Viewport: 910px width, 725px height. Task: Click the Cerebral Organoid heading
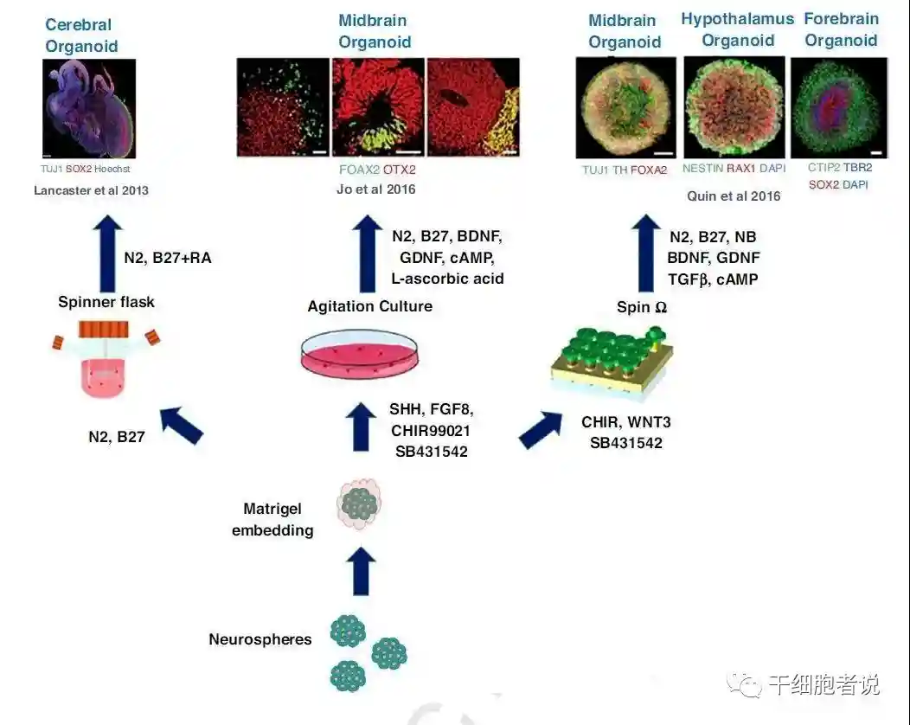pyautogui.click(x=80, y=35)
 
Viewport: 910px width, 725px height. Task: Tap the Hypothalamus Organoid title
pyautogui.click(x=737, y=29)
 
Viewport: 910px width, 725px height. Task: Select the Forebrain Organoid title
pyautogui.click(x=841, y=29)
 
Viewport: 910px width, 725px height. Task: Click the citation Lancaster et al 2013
pyautogui.click(x=91, y=190)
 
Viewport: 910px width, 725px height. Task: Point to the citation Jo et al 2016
pyautogui.click(x=377, y=189)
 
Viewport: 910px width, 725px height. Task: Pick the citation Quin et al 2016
pyautogui.click(x=733, y=196)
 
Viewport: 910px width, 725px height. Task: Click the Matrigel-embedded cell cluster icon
pyautogui.click(x=358, y=504)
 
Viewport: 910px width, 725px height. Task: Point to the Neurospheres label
pyautogui.click(x=260, y=639)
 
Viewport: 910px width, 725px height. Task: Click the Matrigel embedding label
pyautogui.click(x=272, y=520)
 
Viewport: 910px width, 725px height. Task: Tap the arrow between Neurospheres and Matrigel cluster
pyautogui.click(x=363, y=570)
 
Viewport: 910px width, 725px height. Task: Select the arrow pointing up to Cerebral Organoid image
pyautogui.click(x=107, y=254)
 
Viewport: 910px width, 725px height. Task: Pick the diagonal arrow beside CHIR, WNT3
pyautogui.click(x=540, y=428)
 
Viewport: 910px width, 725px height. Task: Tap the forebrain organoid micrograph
pyautogui.click(x=839, y=107)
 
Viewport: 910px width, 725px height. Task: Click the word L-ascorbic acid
pyautogui.click(x=447, y=278)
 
